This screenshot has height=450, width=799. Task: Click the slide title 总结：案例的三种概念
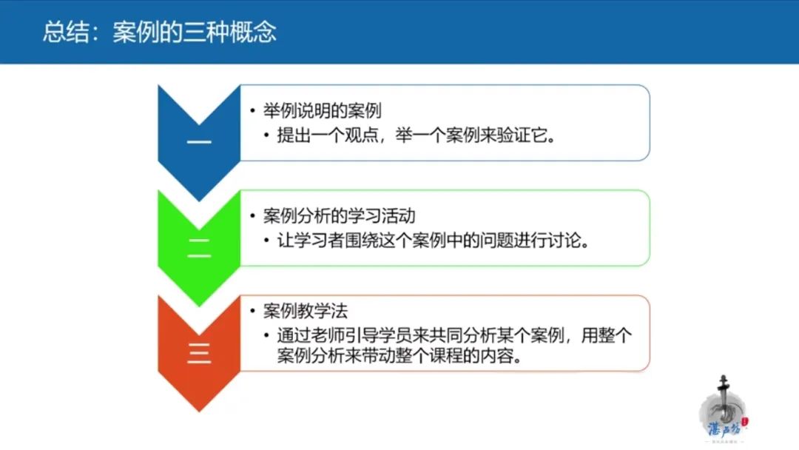pos(160,32)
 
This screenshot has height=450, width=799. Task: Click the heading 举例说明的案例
pos(322,110)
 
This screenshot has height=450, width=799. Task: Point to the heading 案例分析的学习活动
pos(340,215)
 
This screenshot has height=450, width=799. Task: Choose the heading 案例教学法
pos(306,311)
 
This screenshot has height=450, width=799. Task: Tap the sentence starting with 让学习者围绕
pos(433,240)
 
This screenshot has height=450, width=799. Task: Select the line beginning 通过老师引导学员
pos(454,335)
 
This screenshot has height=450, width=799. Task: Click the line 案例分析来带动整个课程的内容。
pos(400,355)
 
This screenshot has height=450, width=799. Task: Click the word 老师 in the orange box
pos(328,335)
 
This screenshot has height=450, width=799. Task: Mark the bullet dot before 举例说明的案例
pos(253,110)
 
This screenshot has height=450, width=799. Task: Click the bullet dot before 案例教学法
pos(253,311)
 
